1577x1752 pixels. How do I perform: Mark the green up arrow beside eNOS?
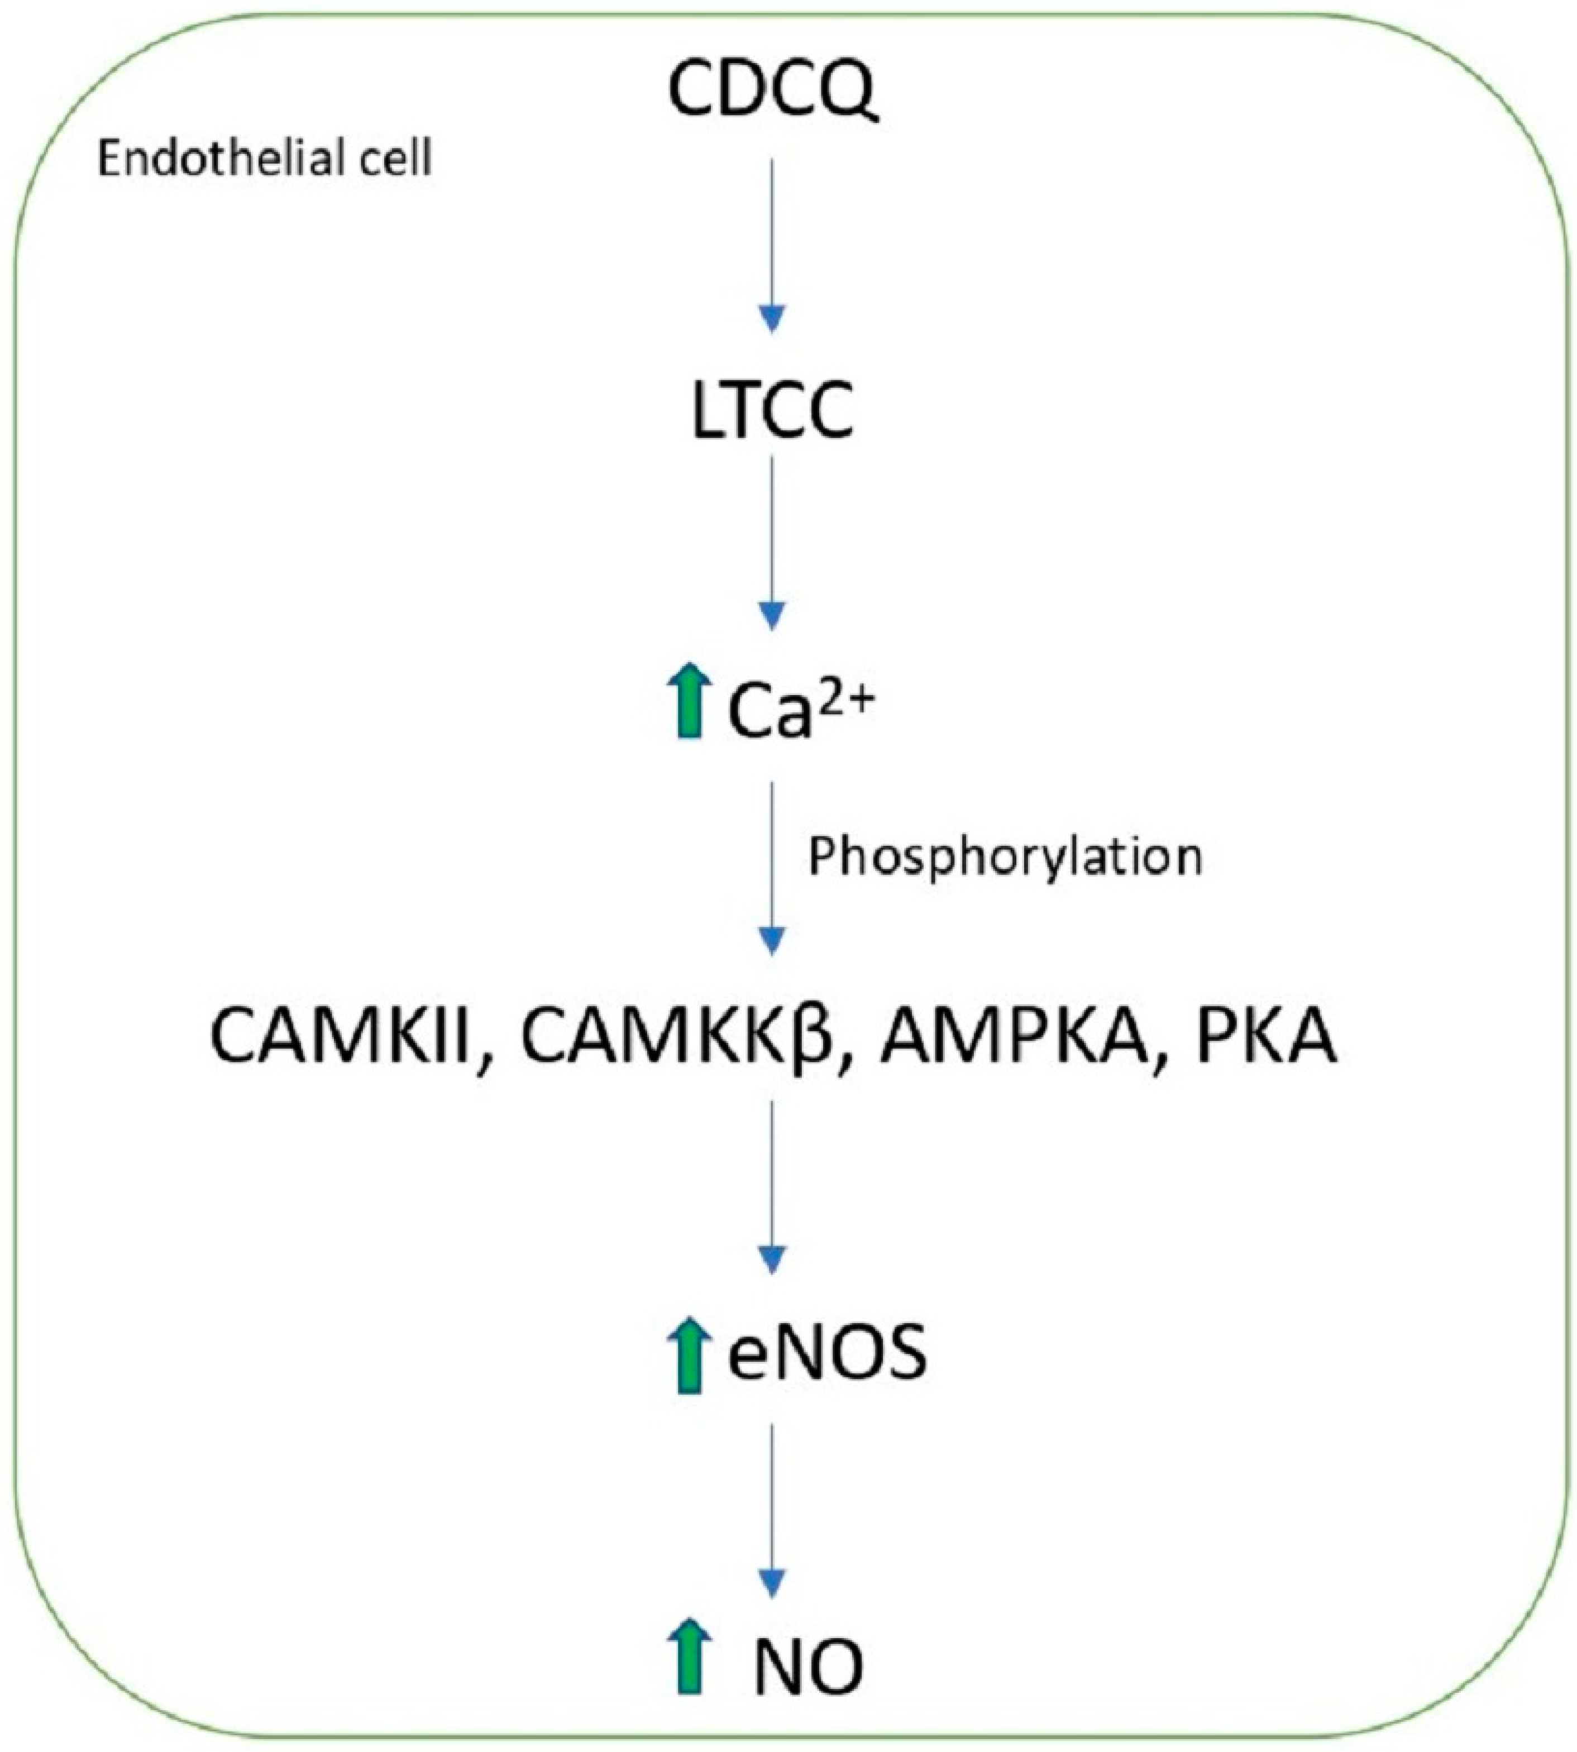click(x=689, y=1354)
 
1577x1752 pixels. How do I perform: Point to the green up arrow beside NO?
click(x=689, y=1666)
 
